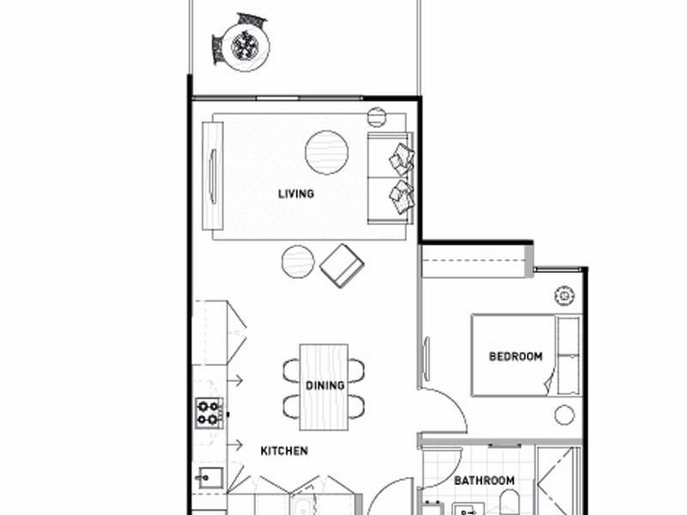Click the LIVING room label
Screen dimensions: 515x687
point(295,193)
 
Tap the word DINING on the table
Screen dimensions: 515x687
point(325,385)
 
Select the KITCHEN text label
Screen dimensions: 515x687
point(284,450)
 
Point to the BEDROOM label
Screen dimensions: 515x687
point(515,356)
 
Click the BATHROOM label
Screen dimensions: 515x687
point(484,481)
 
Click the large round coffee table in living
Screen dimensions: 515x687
point(326,153)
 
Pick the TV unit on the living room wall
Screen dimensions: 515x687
point(212,175)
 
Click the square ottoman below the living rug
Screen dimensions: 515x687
point(342,265)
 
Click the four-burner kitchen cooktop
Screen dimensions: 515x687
point(209,413)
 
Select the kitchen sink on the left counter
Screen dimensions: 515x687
point(209,476)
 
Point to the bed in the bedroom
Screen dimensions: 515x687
point(525,355)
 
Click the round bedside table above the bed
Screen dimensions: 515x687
point(565,296)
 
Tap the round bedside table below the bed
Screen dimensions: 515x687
point(564,415)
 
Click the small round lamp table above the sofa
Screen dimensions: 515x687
point(377,118)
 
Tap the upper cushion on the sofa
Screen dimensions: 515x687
point(401,159)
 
